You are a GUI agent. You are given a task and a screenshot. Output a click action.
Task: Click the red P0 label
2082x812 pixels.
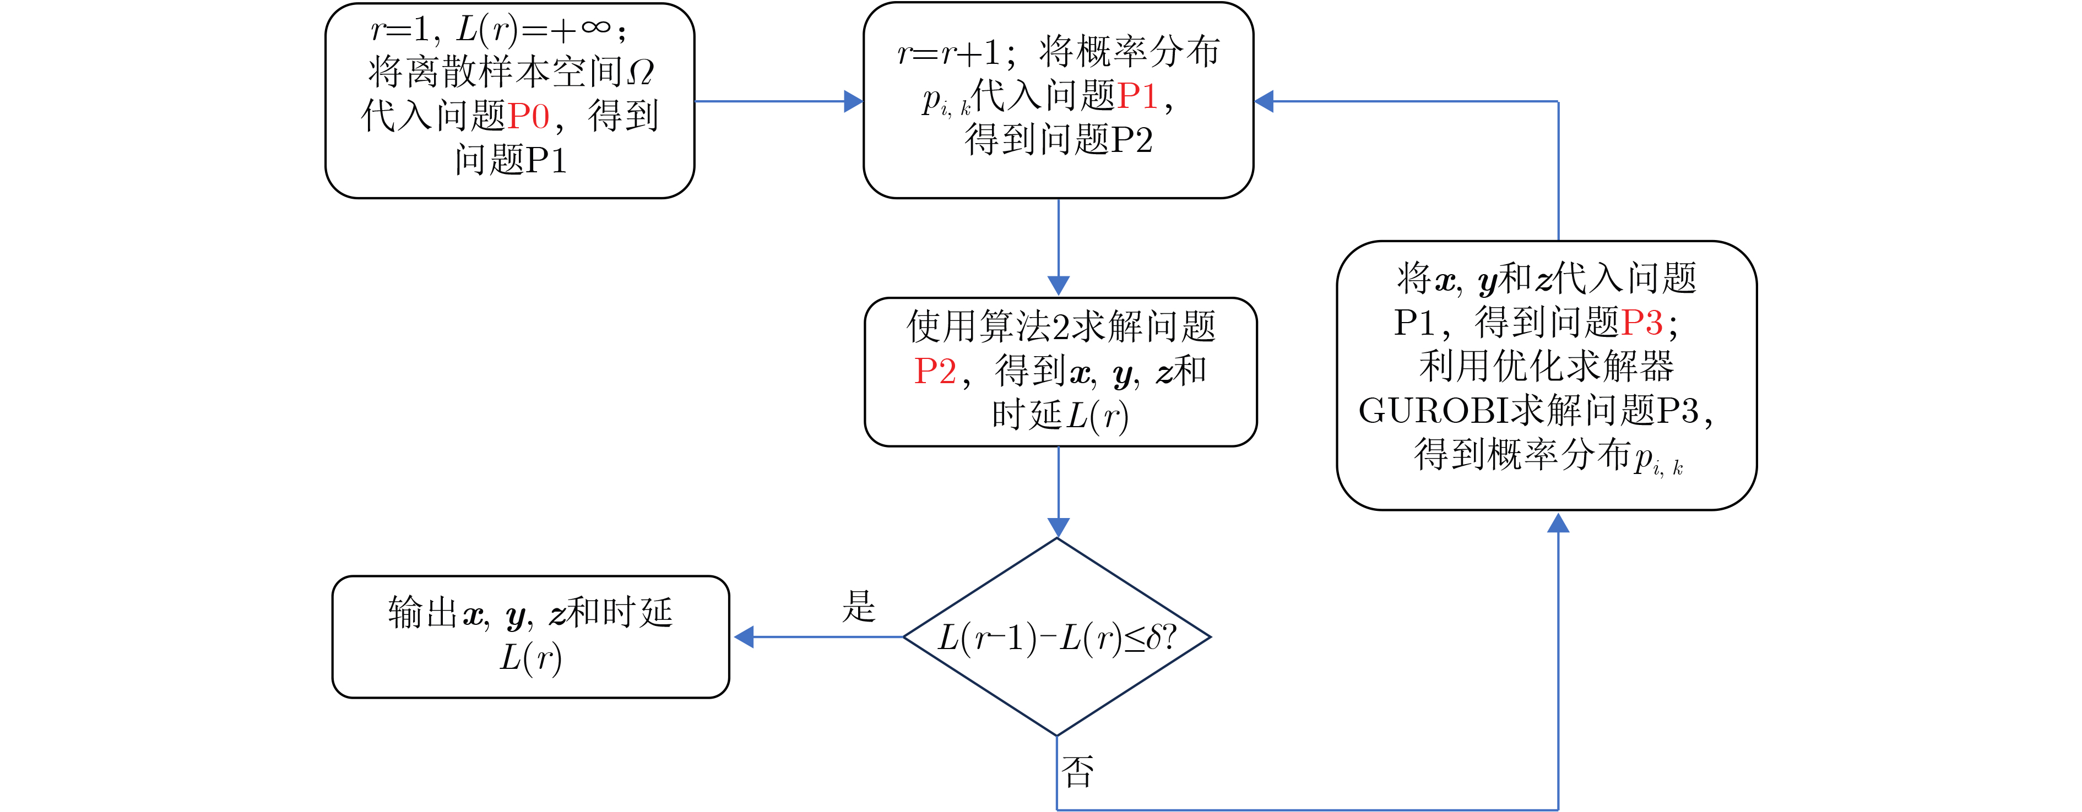(529, 116)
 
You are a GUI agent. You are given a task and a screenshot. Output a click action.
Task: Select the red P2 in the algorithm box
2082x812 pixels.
(935, 372)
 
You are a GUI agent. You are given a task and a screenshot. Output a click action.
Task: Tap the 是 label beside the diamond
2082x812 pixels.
(858, 606)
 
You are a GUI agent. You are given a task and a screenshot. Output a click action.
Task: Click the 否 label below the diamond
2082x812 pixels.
(1077, 772)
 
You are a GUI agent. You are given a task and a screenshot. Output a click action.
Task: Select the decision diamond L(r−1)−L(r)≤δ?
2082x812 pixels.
(1057, 637)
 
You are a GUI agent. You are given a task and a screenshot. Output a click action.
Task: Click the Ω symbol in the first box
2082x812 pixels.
(640, 73)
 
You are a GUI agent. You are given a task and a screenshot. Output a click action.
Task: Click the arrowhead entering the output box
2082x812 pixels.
(744, 637)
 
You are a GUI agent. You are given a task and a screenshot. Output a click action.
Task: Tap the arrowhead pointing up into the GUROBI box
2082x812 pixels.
(1558, 524)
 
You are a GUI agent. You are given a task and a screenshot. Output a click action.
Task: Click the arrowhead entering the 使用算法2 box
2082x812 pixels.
(1058, 285)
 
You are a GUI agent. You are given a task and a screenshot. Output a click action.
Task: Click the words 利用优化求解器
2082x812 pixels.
(1546, 367)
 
